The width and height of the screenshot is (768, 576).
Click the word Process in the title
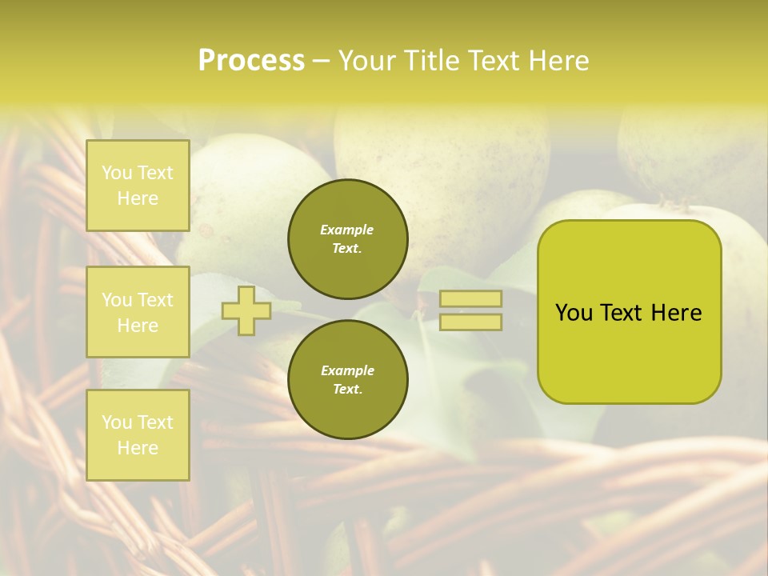coord(250,61)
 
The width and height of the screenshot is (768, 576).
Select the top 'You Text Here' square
coord(138,186)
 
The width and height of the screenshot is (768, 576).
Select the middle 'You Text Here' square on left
coord(138,312)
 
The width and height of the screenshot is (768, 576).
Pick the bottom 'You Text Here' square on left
coord(138,435)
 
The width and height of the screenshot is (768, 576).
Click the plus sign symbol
coord(246,311)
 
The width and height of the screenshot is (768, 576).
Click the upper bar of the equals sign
coord(470,298)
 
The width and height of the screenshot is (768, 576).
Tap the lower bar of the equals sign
coord(470,322)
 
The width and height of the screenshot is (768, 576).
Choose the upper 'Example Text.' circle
coord(348,239)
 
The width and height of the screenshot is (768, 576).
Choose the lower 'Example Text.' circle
coord(348,380)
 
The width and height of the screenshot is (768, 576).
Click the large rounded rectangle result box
coord(629,352)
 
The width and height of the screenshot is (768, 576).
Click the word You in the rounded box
coord(574,313)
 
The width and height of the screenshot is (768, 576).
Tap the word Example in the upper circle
coord(346,230)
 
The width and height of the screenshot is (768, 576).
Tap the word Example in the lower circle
coord(347,370)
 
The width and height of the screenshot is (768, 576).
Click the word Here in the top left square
coord(138,198)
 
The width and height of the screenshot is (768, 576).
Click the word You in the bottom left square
coord(116,422)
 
